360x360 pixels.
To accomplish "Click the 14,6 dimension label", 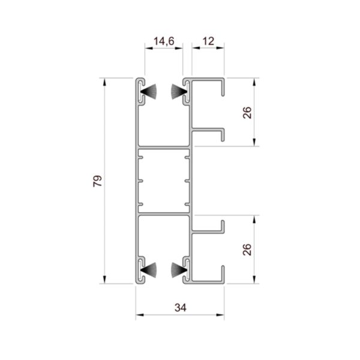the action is click(x=164, y=41).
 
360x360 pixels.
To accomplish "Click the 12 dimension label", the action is click(x=208, y=41).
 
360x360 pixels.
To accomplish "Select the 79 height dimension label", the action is click(x=97, y=181).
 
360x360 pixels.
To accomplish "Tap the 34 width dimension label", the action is click(x=181, y=308).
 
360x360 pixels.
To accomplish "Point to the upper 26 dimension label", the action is click(x=247, y=113).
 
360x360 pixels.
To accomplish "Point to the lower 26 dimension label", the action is click(x=247, y=250).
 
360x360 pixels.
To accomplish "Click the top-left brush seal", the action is click(x=149, y=92).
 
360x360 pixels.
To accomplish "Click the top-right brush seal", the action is click(x=179, y=92).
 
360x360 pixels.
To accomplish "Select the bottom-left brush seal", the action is click(x=149, y=270).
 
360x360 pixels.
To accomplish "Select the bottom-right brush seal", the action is click(x=179, y=270).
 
